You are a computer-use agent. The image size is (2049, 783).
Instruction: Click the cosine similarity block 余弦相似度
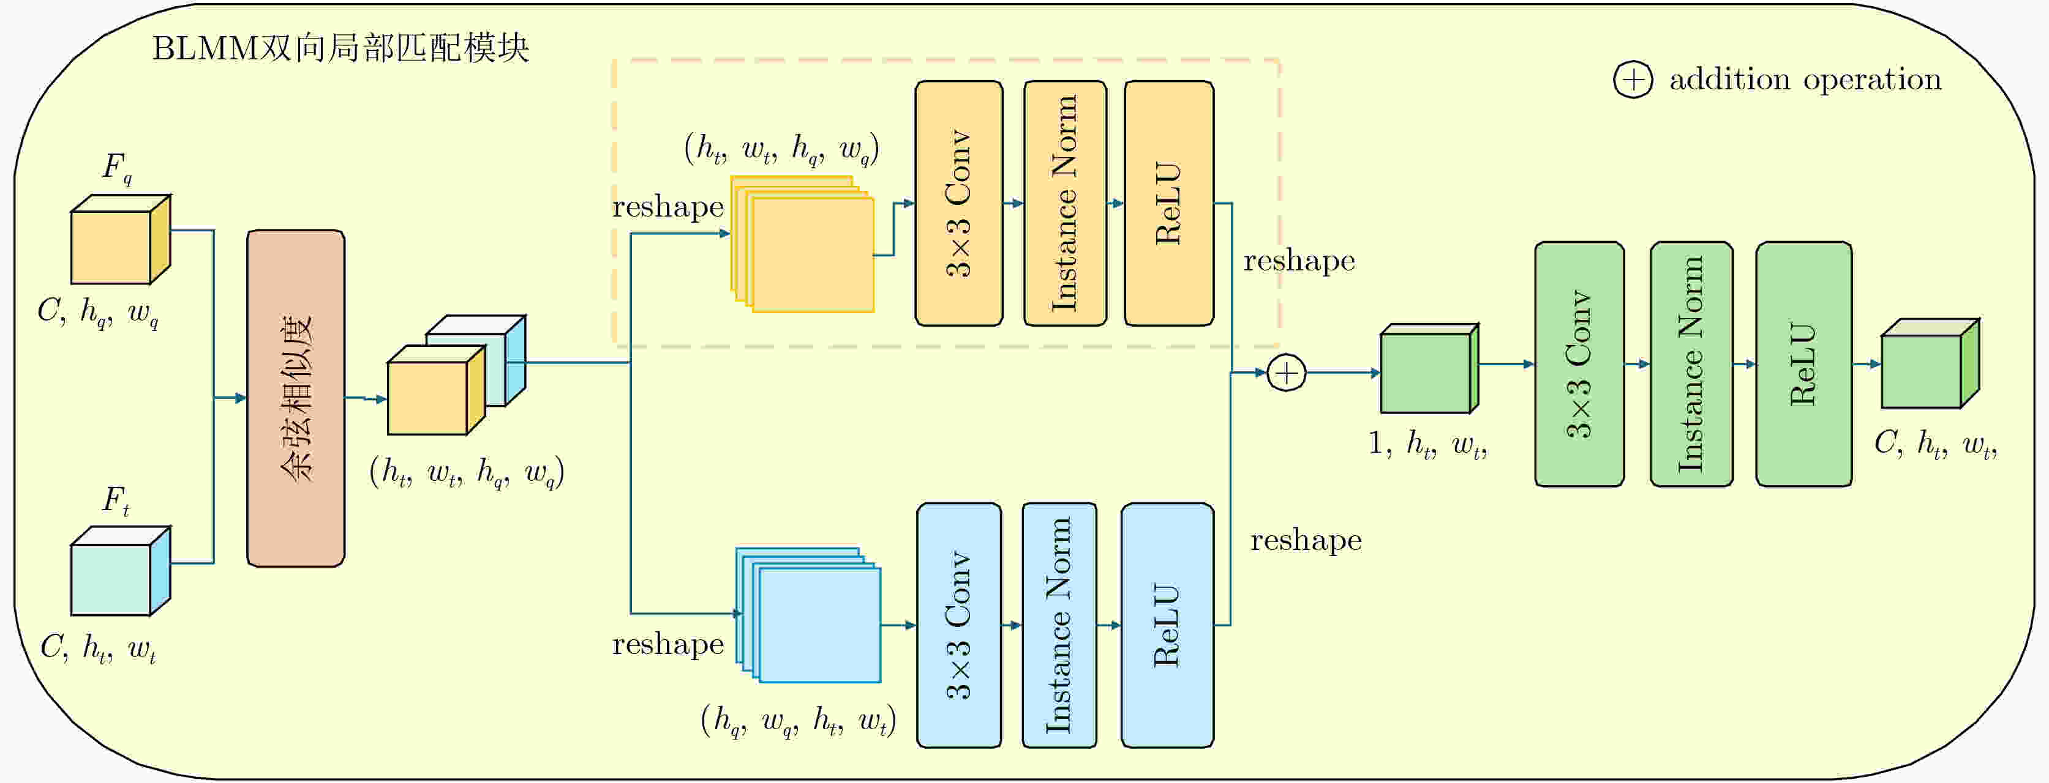[296, 398]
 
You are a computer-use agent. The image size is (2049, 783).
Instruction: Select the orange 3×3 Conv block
[958, 204]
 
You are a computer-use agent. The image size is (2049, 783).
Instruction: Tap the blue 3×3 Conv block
[958, 625]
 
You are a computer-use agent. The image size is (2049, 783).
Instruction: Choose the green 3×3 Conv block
[1579, 364]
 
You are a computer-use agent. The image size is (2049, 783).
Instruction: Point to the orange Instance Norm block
[1065, 204]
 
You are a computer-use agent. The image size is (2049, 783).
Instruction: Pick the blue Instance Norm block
[1059, 625]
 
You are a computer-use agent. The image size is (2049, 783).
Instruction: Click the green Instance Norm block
[1691, 364]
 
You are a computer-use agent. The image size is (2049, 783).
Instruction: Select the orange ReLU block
[1168, 204]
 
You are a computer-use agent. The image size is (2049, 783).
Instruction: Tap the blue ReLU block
[1167, 625]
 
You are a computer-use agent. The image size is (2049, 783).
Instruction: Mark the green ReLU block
[1803, 364]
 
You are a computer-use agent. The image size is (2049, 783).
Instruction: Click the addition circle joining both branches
[1286, 373]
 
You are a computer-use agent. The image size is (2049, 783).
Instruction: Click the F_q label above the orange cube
[117, 168]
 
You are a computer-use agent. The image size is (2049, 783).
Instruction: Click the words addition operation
[1805, 80]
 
